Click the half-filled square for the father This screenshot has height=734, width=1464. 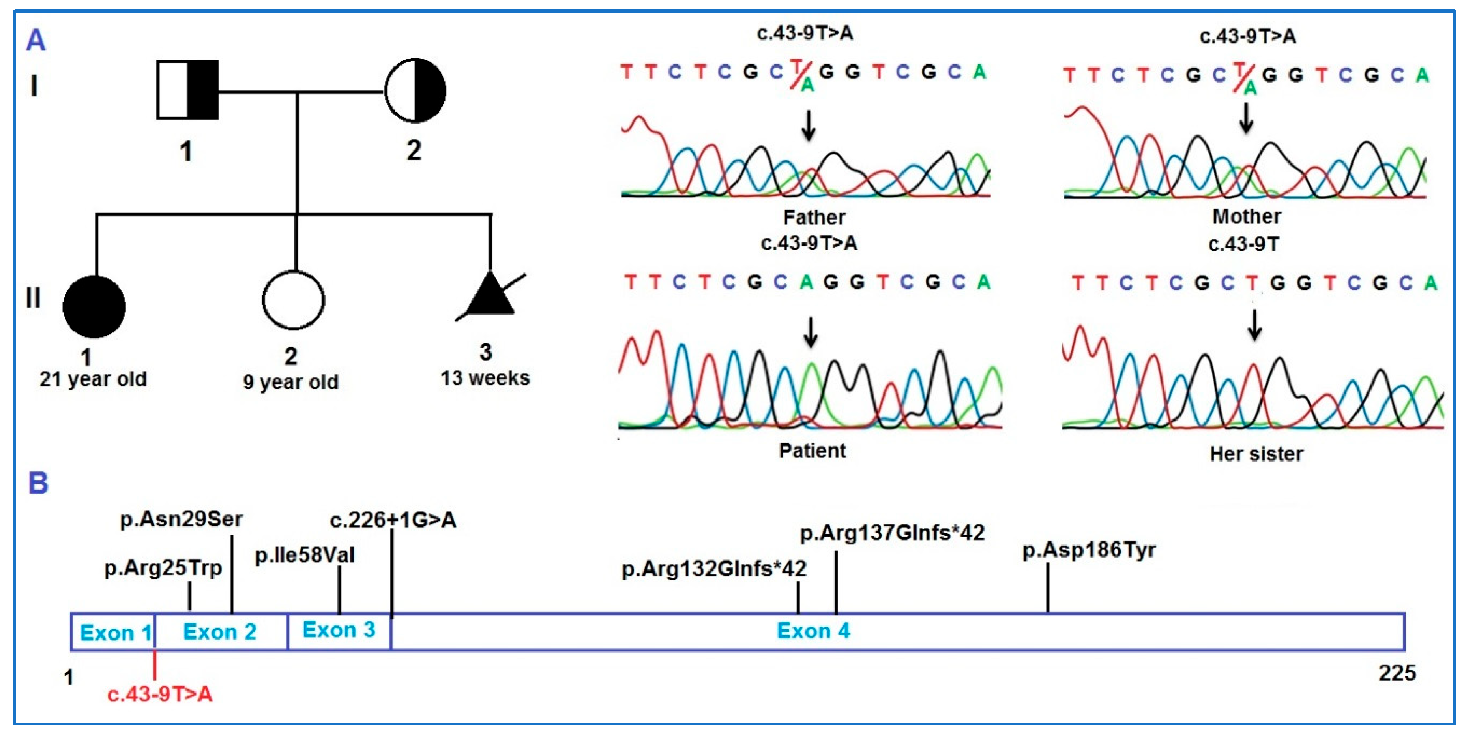click(x=187, y=90)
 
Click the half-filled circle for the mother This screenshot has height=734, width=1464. click(x=415, y=90)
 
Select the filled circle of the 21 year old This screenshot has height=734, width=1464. click(x=94, y=307)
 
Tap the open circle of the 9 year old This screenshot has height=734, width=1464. click(x=293, y=300)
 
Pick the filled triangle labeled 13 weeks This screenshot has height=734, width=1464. click(x=490, y=296)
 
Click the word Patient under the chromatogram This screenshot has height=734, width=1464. click(x=812, y=451)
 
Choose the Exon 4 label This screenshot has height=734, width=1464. click(x=813, y=631)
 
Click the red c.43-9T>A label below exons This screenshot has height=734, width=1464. click(x=160, y=694)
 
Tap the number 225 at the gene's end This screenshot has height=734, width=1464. click(x=1397, y=673)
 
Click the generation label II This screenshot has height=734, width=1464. click(x=33, y=297)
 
